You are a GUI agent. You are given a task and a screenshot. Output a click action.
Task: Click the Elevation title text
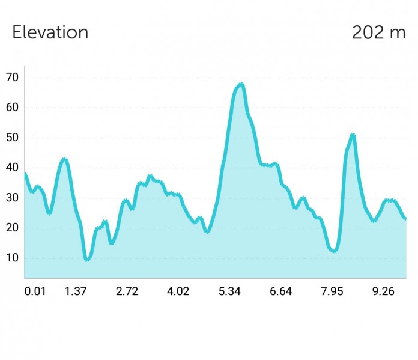[50, 32]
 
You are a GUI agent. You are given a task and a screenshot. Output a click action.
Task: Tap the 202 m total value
[379, 32]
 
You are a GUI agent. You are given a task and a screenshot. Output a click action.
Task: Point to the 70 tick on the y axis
[12, 78]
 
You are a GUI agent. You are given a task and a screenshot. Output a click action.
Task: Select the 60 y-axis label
[12, 108]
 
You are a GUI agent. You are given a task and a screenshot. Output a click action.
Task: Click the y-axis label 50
[12, 138]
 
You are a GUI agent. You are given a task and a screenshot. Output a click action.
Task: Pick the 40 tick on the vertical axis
[12, 168]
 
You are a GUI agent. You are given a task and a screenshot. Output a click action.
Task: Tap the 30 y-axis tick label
[12, 198]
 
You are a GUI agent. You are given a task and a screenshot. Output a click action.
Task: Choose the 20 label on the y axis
[12, 228]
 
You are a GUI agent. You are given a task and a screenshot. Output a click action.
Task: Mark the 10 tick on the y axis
[12, 258]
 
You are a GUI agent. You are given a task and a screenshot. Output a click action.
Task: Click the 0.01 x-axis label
[35, 291]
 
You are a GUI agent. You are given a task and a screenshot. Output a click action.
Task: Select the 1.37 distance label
[76, 291]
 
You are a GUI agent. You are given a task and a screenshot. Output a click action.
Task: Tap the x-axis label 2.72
[127, 291]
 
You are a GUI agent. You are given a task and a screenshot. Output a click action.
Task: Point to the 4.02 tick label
[178, 291]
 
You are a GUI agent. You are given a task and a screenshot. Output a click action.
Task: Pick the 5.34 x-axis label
[229, 291]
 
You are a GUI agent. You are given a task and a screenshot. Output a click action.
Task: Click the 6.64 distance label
[280, 291]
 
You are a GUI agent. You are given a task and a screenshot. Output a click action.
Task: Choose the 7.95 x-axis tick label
[332, 291]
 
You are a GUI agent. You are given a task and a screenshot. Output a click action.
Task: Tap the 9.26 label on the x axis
[383, 291]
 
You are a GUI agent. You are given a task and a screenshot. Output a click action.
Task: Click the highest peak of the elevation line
[241, 84]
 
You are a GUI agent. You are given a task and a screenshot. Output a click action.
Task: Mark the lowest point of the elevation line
[87, 260]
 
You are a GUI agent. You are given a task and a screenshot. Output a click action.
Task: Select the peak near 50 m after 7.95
[353, 135]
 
